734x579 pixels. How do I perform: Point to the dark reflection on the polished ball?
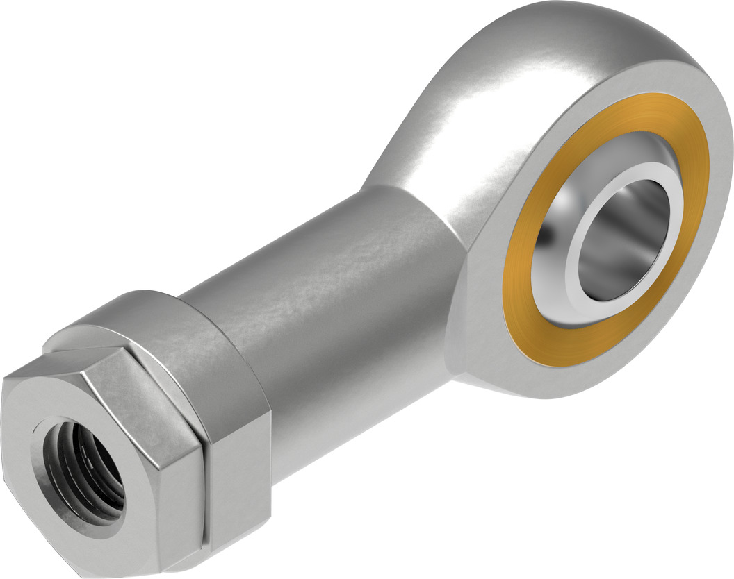[x=556, y=229]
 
